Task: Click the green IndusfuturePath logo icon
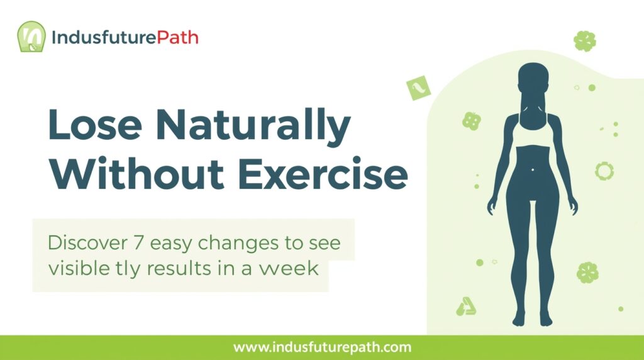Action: [x=31, y=37]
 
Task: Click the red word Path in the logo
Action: [x=178, y=37]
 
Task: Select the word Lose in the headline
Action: [x=96, y=125]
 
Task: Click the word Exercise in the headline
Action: [x=323, y=173]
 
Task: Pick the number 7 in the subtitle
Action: [x=138, y=243]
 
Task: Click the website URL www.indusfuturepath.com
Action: [x=323, y=347]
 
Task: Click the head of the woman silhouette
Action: [x=533, y=80]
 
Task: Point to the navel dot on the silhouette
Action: [x=533, y=169]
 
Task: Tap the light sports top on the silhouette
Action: [x=533, y=131]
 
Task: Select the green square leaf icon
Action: [x=418, y=87]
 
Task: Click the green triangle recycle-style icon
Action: [x=466, y=307]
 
